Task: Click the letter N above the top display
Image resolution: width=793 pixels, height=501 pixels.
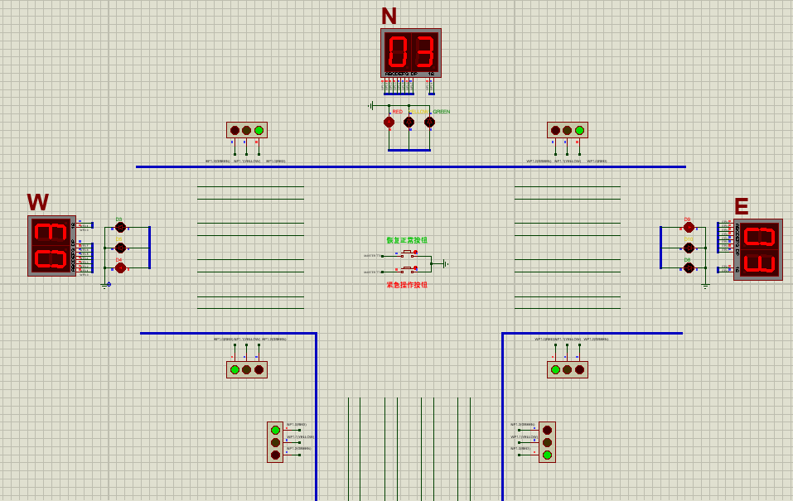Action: tap(389, 16)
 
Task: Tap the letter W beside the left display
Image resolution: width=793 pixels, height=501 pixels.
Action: tap(37, 202)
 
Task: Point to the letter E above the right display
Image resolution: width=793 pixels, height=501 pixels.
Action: tap(741, 207)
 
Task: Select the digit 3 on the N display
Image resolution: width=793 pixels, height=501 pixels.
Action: tap(424, 52)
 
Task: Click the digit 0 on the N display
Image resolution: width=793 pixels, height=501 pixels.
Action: tap(398, 52)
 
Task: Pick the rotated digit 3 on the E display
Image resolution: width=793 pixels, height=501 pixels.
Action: tap(758, 264)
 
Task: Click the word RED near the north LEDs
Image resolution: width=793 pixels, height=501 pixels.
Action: tap(397, 112)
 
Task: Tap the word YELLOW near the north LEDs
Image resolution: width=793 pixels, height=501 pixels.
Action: tap(420, 112)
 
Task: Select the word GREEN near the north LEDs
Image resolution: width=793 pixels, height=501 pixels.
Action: tap(442, 112)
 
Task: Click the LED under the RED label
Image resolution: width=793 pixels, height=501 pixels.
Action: tap(389, 123)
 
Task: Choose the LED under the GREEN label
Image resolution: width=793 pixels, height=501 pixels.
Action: tap(429, 123)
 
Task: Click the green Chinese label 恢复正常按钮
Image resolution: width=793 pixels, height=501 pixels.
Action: tap(407, 240)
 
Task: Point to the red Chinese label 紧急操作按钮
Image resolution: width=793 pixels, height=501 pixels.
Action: tap(407, 285)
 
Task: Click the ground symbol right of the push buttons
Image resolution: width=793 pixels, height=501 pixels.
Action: tap(446, 264)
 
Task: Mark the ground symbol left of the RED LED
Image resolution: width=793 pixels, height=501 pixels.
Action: tap(371, 106)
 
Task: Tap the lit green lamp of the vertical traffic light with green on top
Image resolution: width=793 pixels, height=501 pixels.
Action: tap(275, 430)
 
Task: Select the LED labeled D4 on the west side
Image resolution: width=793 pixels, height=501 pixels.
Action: tap(120, 267)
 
